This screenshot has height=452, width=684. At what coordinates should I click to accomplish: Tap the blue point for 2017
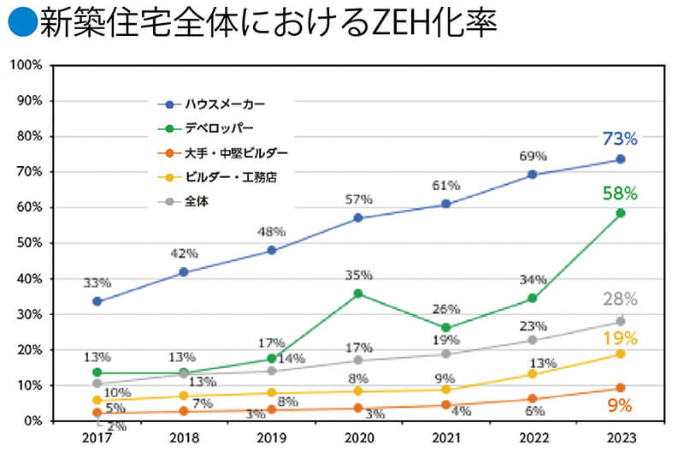point(97,301)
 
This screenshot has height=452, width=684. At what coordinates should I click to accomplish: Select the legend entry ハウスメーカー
point(226,104)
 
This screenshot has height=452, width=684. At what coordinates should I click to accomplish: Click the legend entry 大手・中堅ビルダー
point(236,153)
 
